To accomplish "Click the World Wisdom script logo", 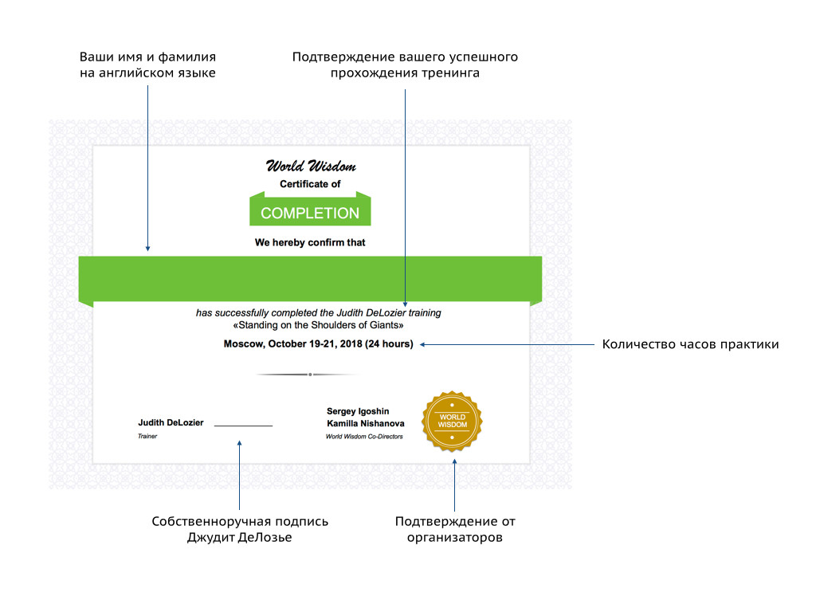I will point(310,167).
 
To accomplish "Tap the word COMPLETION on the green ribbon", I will point(310,214).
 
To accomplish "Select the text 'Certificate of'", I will point(310,184).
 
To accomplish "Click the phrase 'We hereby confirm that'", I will point(310,242).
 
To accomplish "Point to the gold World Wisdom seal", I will point(453,422).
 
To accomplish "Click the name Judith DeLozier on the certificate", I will point(171,422).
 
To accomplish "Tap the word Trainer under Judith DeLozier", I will point(147,437).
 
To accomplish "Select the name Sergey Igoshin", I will point(359,411).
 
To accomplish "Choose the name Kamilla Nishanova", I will point(366,424).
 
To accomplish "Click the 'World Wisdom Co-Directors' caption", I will point(364,437).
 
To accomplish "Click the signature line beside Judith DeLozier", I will point(243,426).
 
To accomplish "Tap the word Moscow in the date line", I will point(241,344).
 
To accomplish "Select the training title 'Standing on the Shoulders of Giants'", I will point(319,325).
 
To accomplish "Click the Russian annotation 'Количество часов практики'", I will point(690,345).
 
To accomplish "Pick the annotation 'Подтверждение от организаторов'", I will point(455,529).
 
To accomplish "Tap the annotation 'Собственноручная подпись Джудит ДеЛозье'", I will point(240,529).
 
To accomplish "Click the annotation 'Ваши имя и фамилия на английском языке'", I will point(147,65).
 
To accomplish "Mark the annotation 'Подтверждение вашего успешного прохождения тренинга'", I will point(405,65).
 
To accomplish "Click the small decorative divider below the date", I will point(310,374).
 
